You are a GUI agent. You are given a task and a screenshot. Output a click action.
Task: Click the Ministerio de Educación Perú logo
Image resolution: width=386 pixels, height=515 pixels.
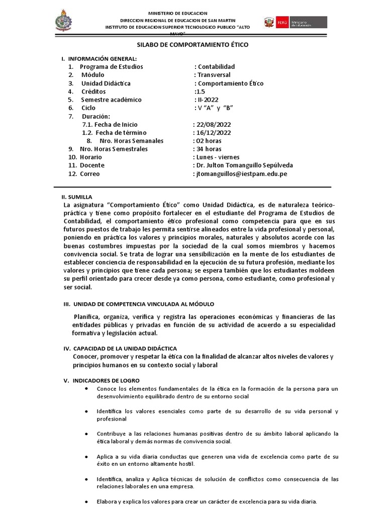coord(294,23)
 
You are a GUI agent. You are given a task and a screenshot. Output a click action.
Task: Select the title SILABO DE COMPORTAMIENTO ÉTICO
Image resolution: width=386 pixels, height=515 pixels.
coord(194,45)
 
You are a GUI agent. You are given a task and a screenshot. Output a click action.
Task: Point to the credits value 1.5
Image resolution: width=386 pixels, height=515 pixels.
coord(201,92)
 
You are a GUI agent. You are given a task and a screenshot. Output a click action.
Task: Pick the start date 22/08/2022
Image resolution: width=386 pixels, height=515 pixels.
coord(213,124)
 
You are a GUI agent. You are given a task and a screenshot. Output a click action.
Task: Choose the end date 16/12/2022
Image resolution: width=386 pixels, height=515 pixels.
coord(213,132)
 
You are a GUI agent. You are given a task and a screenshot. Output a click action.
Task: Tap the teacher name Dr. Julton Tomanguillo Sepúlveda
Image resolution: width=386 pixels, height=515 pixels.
coord(243,165)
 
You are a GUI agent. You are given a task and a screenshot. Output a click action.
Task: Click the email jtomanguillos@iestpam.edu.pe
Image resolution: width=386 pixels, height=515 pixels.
coord(242,174)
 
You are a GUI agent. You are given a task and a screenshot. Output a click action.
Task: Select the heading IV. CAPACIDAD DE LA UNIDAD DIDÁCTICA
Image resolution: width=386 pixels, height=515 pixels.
coord(125,348)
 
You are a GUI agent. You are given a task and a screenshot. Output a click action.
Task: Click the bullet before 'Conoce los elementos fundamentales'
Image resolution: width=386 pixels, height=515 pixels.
coord(88,389)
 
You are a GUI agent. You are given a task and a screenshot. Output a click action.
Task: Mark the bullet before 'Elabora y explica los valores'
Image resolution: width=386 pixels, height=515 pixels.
coord(88,502)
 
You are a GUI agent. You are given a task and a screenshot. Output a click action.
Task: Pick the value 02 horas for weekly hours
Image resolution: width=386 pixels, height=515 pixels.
coord(209,141)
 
